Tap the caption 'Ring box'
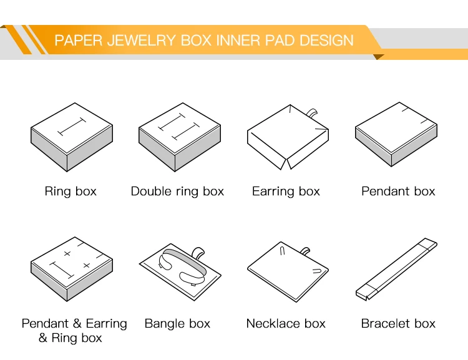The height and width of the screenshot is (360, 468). [71, 192]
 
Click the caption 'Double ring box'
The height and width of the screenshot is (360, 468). [177, 192]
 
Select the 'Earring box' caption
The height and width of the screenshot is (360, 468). [286, 192]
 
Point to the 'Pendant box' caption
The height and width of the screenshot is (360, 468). [398, 192]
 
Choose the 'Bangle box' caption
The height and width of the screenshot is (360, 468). [177, 324]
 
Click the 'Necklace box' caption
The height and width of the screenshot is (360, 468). [286, 324]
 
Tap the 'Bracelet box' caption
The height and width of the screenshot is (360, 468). [398, 324]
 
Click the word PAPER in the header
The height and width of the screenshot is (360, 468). [76, 41]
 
